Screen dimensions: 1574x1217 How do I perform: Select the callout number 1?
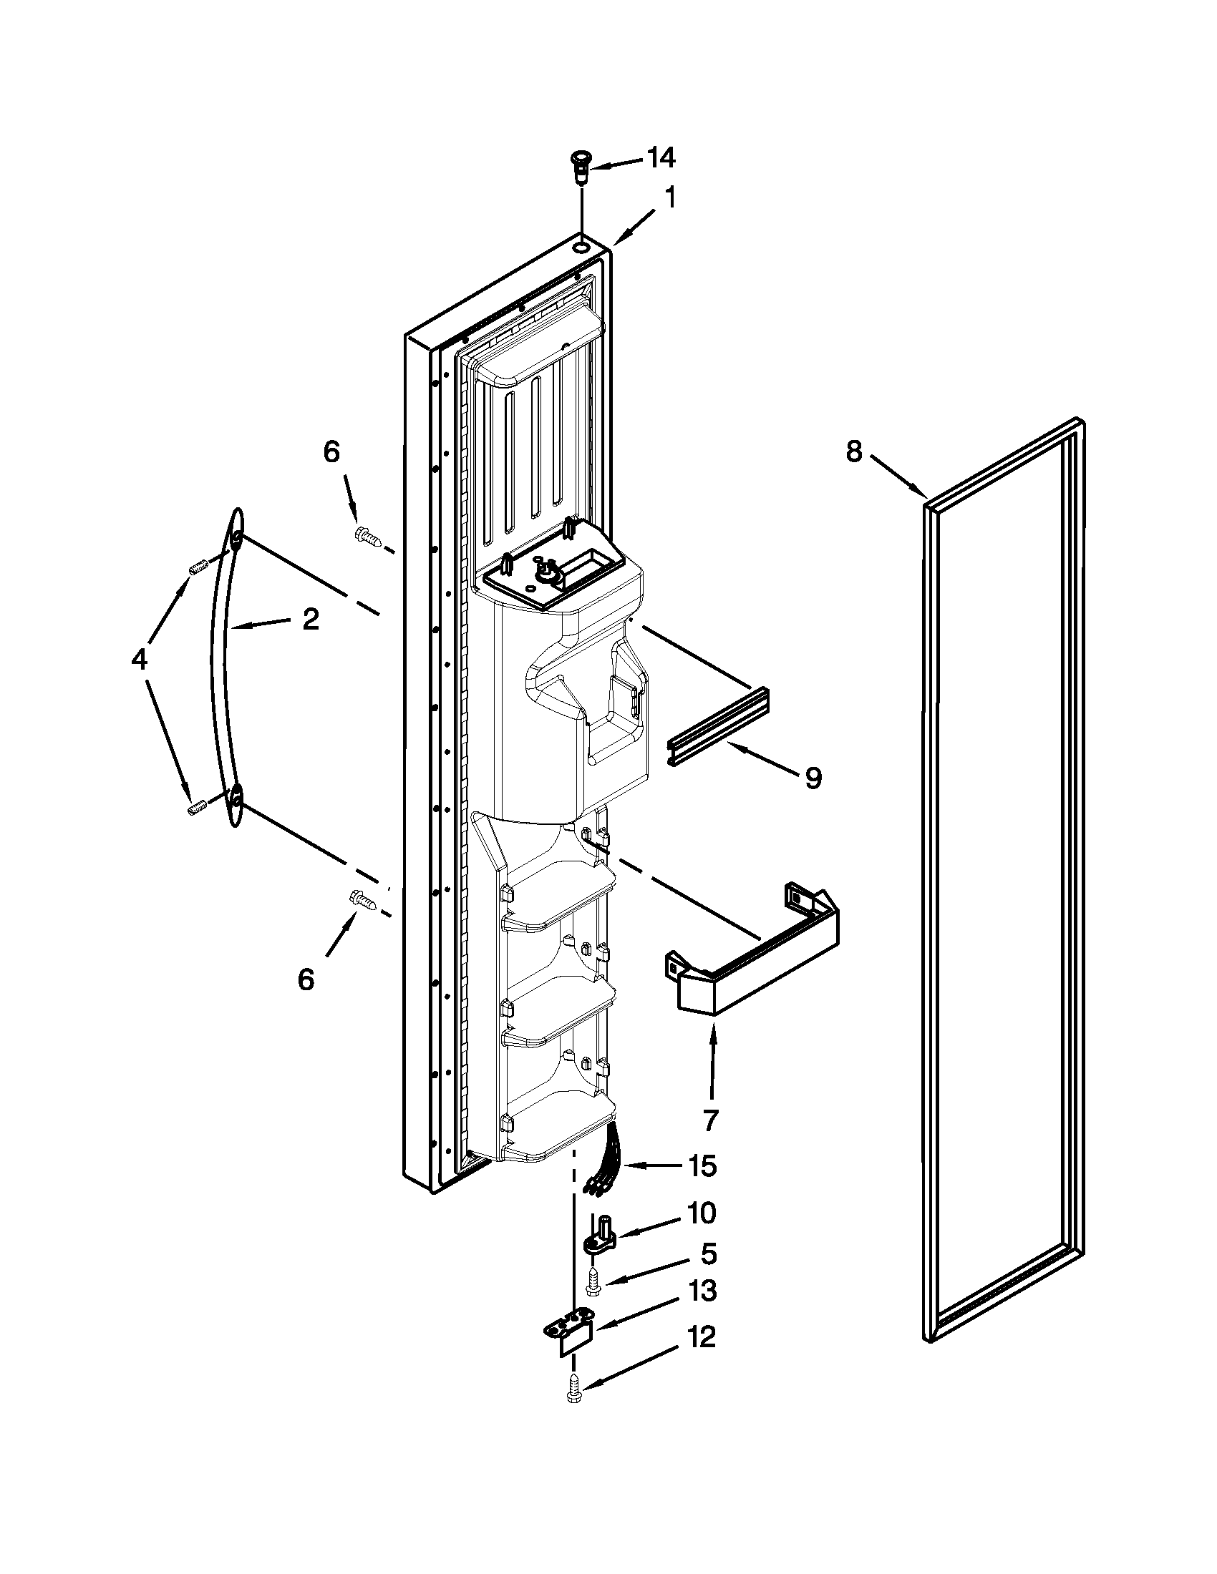click(670, 197)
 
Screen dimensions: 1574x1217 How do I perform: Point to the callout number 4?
click(139, 660)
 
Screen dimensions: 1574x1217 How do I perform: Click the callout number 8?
click(853, 452)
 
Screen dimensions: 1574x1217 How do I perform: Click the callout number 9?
click(813, 778)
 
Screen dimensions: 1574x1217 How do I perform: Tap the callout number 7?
click(711, 1120)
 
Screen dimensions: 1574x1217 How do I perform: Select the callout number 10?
click(700, 1213)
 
